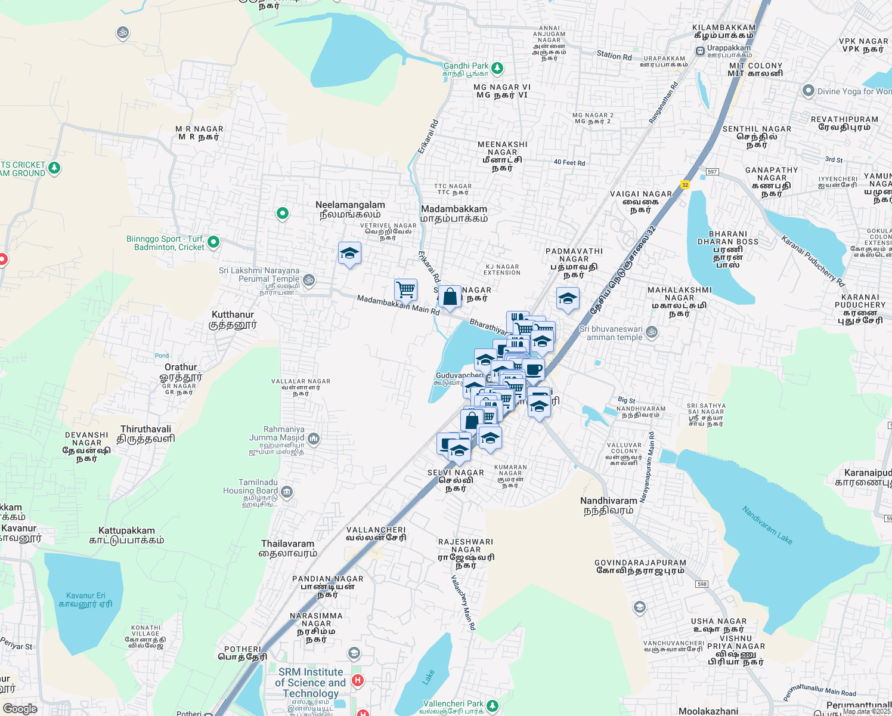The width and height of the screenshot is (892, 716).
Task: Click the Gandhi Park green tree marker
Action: [497, 69]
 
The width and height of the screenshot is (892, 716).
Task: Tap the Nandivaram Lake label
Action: [767, 525]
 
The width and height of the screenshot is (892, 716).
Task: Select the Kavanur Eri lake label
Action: [85, 600]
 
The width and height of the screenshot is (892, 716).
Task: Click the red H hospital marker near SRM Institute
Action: [358, 680]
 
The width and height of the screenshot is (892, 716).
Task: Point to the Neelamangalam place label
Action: [350, 209]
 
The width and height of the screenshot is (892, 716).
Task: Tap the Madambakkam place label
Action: [454, 213]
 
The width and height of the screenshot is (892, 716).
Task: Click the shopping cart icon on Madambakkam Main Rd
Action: [405, 289]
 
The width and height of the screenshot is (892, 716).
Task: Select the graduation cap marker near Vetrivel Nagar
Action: [349, 254]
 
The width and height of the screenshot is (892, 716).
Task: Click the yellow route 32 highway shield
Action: [685, 185]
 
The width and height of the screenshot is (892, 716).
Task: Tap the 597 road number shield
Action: [712, 172]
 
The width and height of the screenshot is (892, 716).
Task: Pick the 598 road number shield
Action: [702, 584]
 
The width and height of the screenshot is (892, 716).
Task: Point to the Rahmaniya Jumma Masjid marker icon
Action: [314, 439]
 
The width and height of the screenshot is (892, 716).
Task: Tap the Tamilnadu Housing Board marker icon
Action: [287, 492]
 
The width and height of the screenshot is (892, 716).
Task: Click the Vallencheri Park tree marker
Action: [493, 706]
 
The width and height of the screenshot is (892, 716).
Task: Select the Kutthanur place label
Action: [233, 319]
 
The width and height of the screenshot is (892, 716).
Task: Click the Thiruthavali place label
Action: [146, 434]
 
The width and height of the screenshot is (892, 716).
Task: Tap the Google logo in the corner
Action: [20, 709]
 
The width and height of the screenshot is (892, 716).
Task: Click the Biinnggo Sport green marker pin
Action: [213, 242]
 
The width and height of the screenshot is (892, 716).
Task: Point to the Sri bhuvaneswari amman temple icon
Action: [652, 332]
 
